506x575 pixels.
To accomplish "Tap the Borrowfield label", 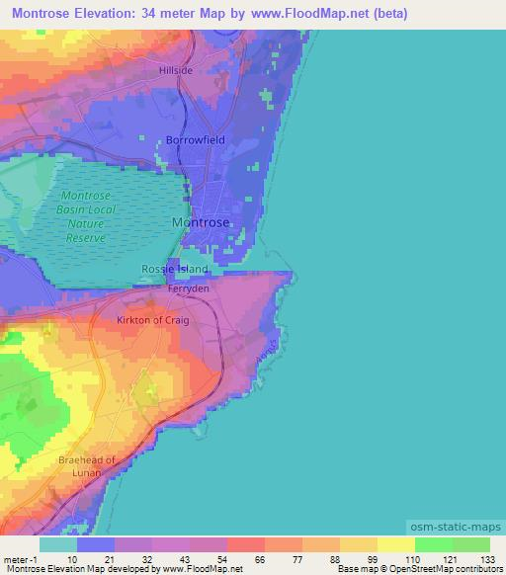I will (x=195, y=140).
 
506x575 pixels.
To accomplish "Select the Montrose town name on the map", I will (x=201, y=222).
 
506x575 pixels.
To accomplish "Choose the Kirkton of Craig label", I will (x=152, y=321).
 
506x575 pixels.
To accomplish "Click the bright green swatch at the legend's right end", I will (x=470, y=544).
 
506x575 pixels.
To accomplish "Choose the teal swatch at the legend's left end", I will (x=58, y=544).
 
